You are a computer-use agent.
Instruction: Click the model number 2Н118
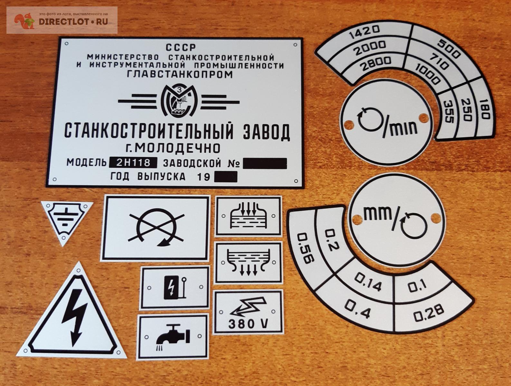tap(133, 162)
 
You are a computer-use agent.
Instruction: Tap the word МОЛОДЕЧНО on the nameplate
tap(177, 148)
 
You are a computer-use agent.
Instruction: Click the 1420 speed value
tap(364, 32)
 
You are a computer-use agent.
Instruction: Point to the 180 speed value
tap(485, 109)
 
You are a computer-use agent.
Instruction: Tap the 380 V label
tap(248, 324)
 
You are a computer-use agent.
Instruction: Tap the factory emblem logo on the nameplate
tap(179, 100)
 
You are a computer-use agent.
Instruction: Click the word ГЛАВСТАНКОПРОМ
tap(180, 74)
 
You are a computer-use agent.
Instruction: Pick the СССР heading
tap(181, 47)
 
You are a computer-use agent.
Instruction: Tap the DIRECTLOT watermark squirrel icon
tap(24, 21)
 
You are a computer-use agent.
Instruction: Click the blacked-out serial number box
tap(265, 163)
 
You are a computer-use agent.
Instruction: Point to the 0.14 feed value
tap(368, 282)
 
